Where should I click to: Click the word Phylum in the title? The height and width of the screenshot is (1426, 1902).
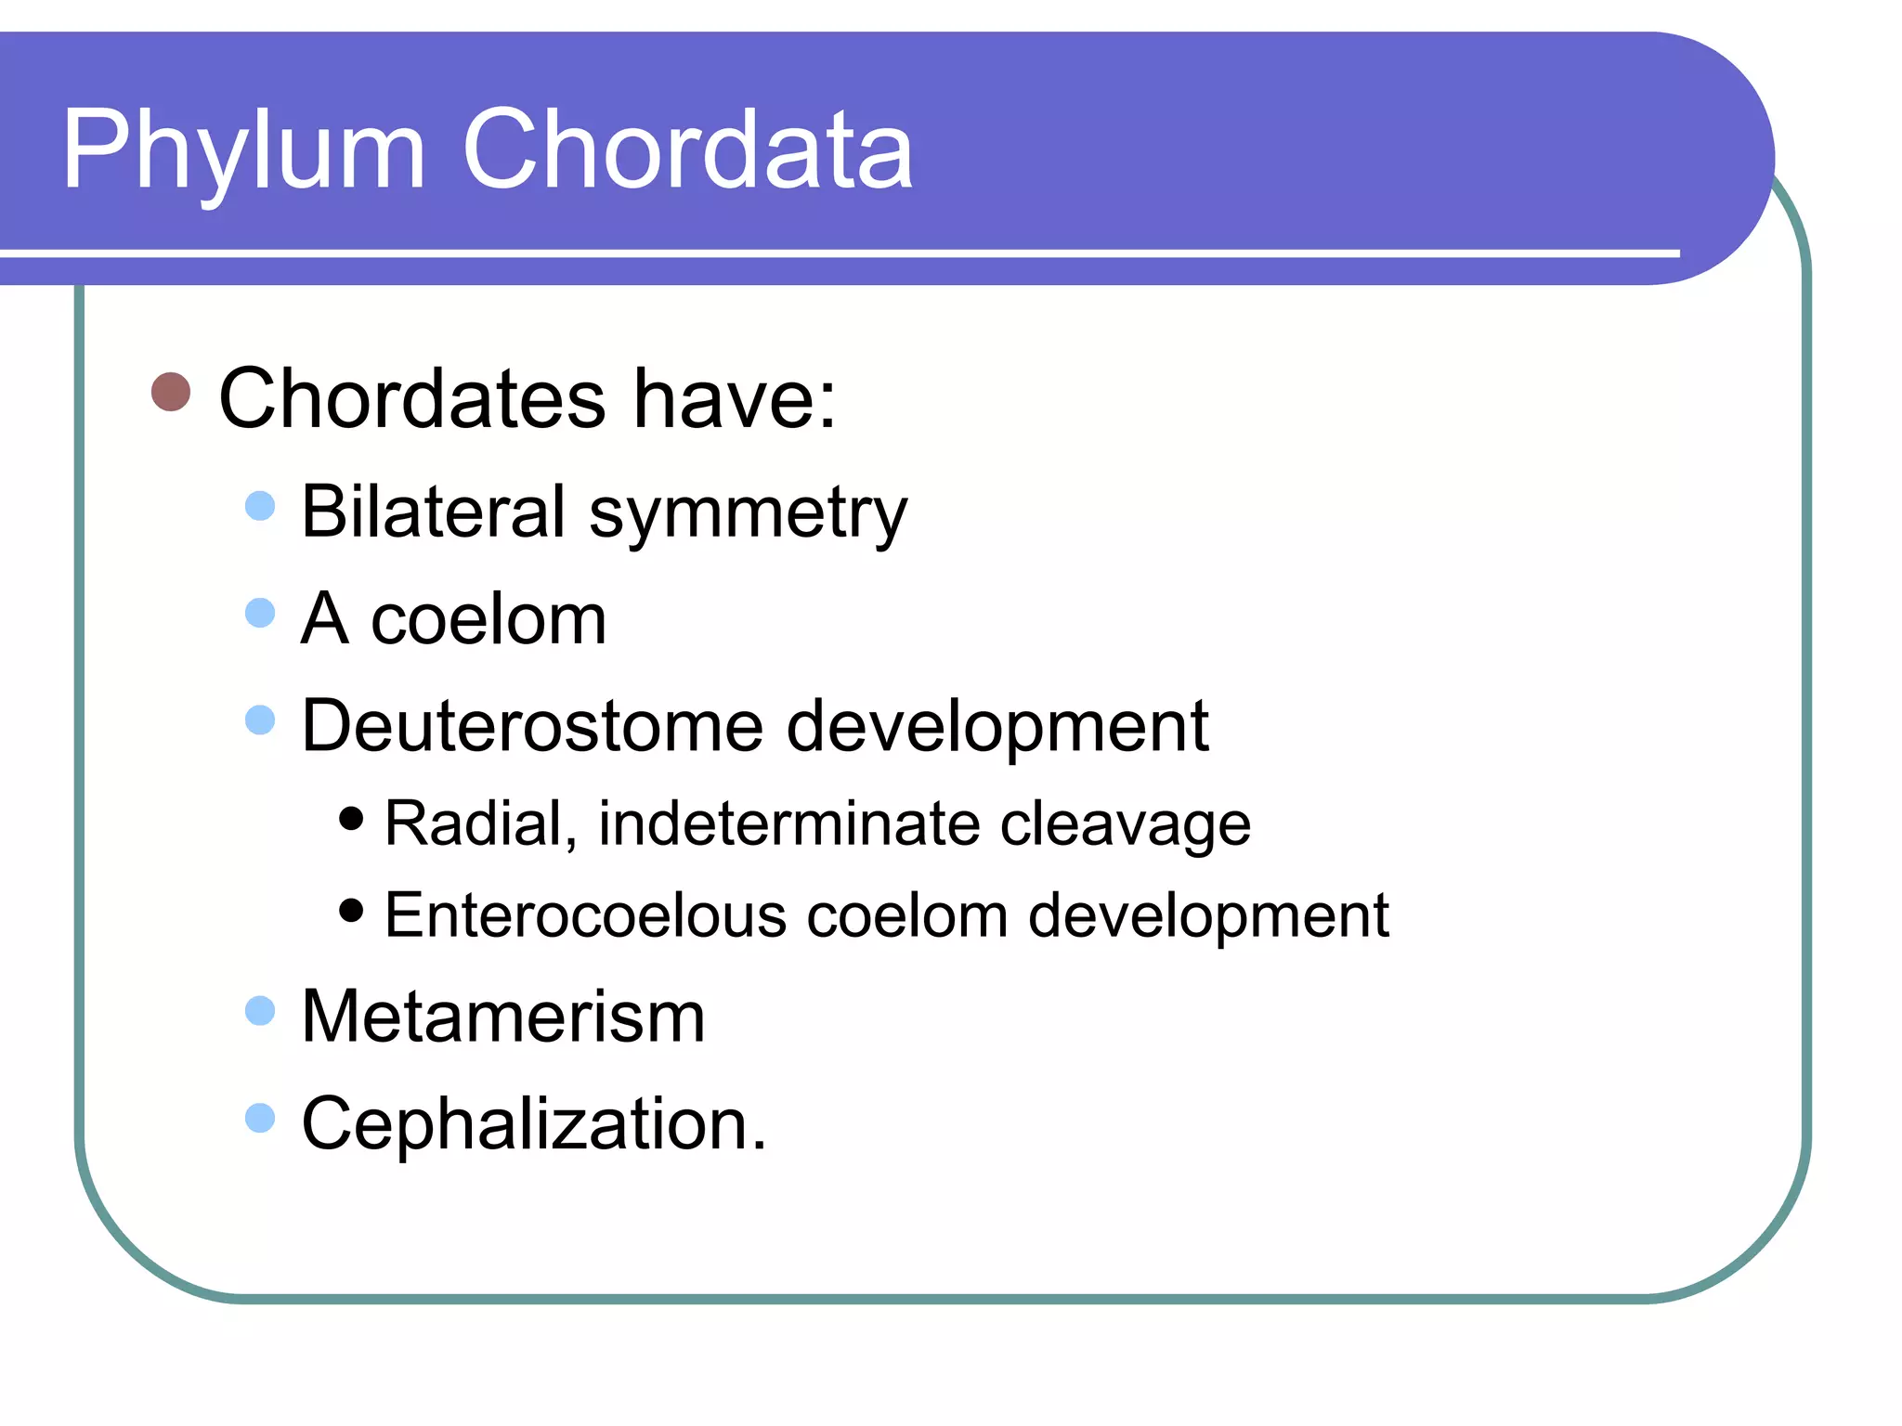pos(243,151)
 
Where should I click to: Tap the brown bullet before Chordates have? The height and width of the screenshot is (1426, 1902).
pos(171,393)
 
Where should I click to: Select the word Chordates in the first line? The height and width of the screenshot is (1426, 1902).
pos(412,398)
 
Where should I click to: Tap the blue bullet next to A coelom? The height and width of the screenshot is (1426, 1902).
pos(260,613)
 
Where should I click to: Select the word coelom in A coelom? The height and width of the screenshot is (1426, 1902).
pos(489,619)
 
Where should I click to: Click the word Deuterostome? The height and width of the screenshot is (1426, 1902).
pos(532,725)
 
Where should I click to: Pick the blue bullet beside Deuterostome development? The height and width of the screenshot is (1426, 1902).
pos(260,719)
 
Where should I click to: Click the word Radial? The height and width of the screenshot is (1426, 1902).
pos(481,823)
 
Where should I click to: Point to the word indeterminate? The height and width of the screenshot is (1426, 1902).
pos(788,823)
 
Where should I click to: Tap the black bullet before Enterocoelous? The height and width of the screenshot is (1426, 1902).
pos(351,910)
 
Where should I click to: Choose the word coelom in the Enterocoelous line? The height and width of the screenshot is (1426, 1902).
pos(907,915)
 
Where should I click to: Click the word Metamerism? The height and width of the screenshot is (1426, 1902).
pos(503,1017)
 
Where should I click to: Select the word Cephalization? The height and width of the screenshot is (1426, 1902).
pos(534,1123)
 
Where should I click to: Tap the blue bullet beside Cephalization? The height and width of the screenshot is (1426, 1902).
pos(260,1118)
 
